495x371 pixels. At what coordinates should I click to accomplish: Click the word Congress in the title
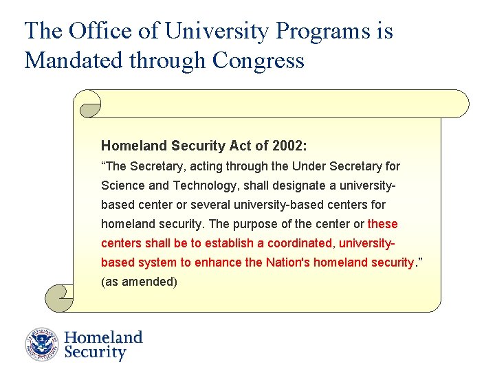pos(258,60)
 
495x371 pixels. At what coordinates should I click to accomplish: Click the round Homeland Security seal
pos(43,344)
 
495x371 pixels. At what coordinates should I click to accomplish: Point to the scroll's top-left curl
pos(90,104)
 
